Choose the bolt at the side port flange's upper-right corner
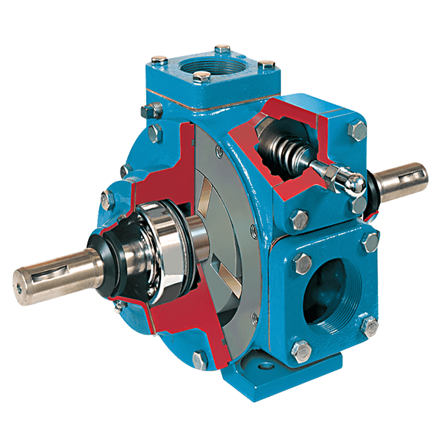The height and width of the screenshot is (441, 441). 368,241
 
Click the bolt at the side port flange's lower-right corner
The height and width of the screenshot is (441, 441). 371,326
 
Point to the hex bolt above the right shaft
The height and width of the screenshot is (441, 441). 356,131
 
